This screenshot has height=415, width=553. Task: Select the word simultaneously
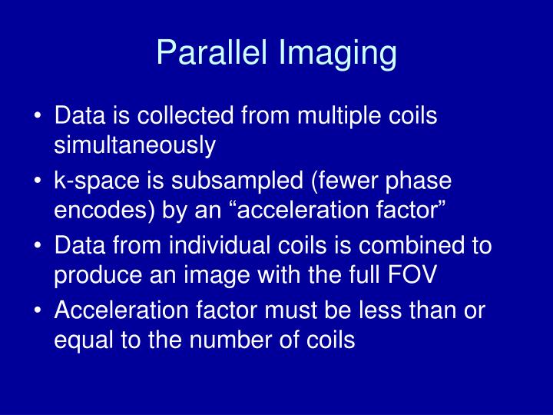click(x=135, y=144)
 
